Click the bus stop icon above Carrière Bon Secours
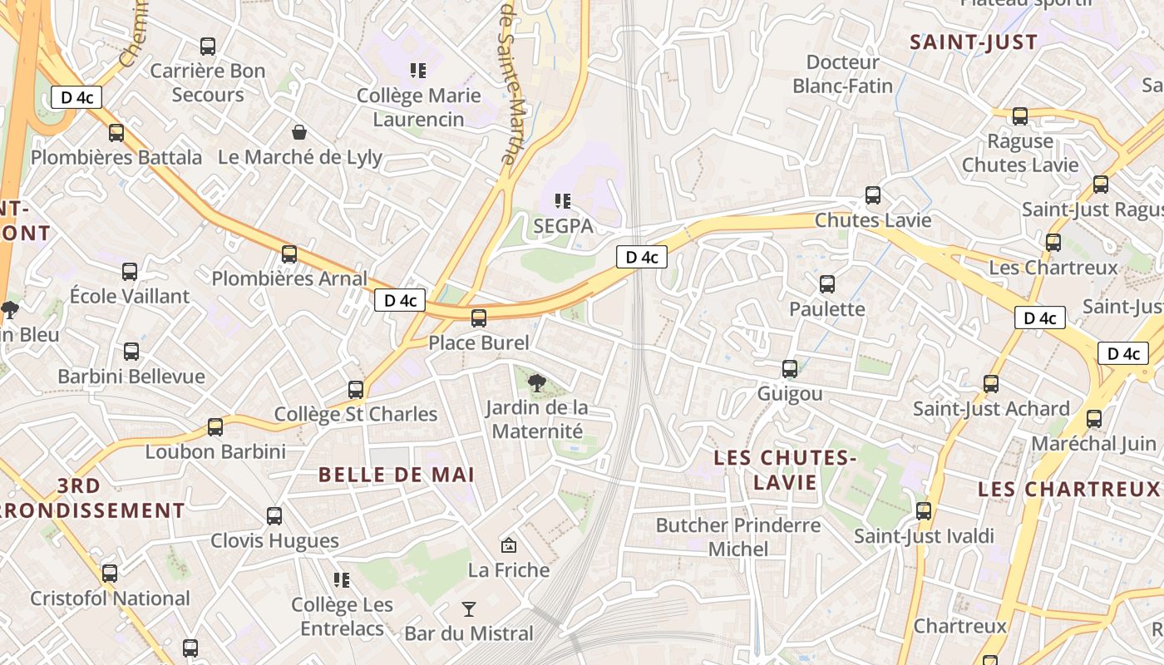pos(208,47)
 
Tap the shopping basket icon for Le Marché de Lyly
pos(298,132)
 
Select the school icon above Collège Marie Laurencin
pos(417,71)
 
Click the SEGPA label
pos(563,225)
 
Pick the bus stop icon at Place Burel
pos(479,318)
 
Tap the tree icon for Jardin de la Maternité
pos(537,382)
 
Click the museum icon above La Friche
pos(509,545)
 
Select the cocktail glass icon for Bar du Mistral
pos(469,609)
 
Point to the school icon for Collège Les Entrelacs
pos(342,579)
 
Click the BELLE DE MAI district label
pos(397,475)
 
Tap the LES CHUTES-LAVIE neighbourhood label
pos(786,470)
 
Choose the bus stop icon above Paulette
pos(827,284)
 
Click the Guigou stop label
pos(790,393)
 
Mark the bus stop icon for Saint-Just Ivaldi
pos(924,511)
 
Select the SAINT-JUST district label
pos(974,42)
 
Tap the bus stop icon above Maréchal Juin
pos(1094,419)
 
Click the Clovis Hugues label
pos(274,541)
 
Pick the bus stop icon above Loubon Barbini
pos(215,427)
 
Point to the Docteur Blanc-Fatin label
pos(843,74)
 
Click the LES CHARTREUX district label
pos(1068,489)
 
